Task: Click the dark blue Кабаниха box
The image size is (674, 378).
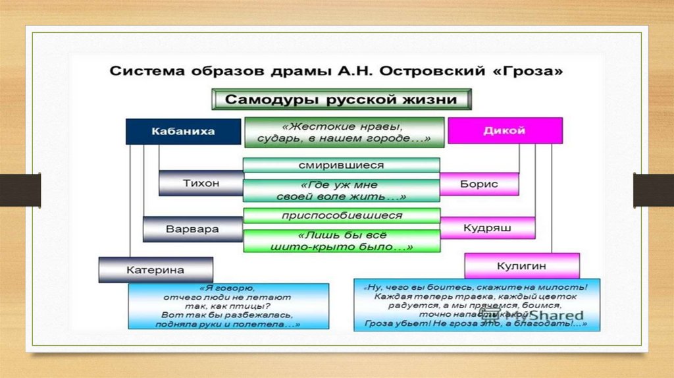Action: tap(174, 131)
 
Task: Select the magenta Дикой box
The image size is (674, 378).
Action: tap(505, 130)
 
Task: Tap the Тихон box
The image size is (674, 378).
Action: tap(201, 183)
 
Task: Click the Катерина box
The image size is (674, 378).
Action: tap(155, 269)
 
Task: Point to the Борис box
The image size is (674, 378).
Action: tap(479, 184)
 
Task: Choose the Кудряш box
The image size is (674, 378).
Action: tap(487, 227)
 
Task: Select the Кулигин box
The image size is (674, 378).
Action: tap(522, 265)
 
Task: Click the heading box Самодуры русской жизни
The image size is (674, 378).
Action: tap(341, 100)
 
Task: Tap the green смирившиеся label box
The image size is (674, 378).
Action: tap(341, 165)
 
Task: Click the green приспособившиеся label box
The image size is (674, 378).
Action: tap(341, 215)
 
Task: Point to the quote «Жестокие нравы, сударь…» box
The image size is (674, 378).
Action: tap(344, 132)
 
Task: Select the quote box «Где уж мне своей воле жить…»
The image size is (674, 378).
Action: tap(341, 190)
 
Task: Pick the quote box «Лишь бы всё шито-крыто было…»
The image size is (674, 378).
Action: tap(341, 240)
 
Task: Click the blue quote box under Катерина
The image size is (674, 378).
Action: tap(228, 306)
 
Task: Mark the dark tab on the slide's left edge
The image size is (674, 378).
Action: tap(20, 190)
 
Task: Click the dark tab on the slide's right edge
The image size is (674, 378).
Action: tap(653, 190)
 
